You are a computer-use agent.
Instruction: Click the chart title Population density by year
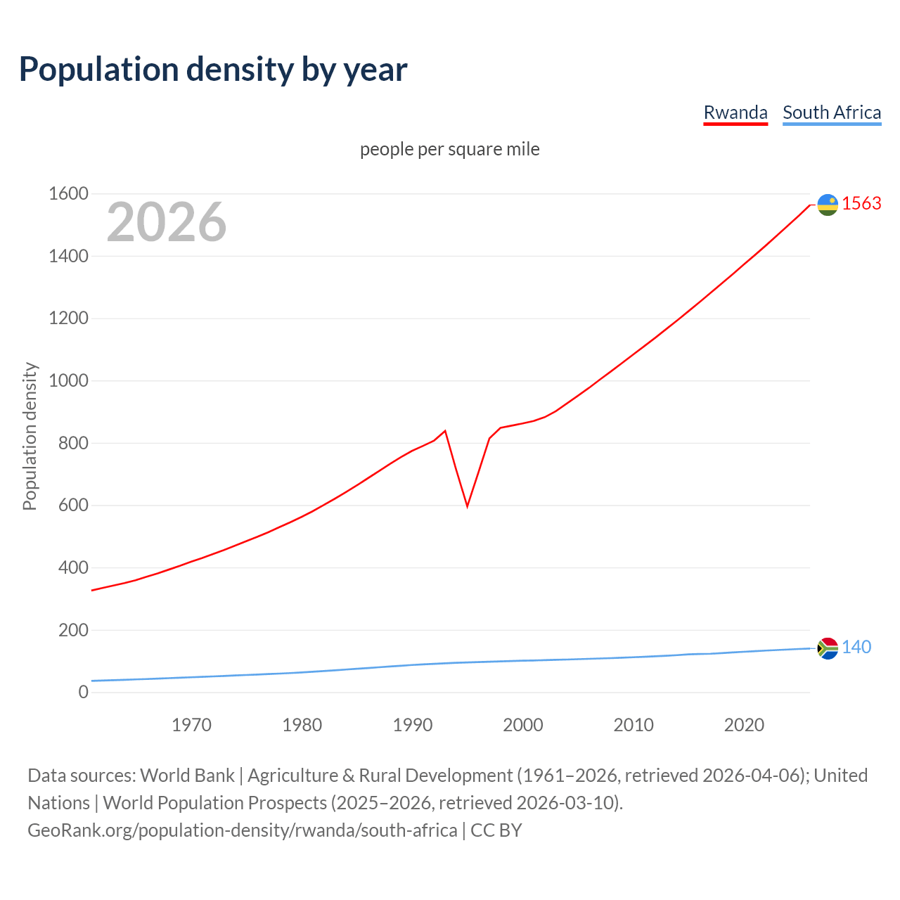[213, 70]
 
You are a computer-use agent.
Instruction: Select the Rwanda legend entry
[735, 112]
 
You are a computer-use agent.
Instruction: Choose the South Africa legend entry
[832, 112]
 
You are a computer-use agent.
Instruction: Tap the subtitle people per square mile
[450, 149]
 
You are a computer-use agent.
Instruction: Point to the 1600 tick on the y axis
[68, 193]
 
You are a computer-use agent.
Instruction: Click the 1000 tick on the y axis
[68, 380]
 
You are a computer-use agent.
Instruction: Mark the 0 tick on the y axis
[83, 692]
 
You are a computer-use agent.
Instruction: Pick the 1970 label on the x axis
[191, 725]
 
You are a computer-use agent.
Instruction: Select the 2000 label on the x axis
[523, 725]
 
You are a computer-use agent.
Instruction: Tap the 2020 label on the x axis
[744, 725]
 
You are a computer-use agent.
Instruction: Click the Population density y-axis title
[30, 436]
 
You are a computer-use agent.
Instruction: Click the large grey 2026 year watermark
[167, 222]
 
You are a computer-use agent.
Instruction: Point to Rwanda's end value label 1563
[861, 203]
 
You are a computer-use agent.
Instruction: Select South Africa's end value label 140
[856, 647]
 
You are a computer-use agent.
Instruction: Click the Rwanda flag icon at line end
[828, 205]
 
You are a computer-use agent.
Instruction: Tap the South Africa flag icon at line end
[828, 648]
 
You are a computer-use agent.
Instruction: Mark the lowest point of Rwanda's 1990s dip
[467, 506]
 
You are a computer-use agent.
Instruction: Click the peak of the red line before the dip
[445, 430]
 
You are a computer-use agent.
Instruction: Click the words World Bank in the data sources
[187, 776]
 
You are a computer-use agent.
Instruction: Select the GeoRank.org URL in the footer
[243, 830]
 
